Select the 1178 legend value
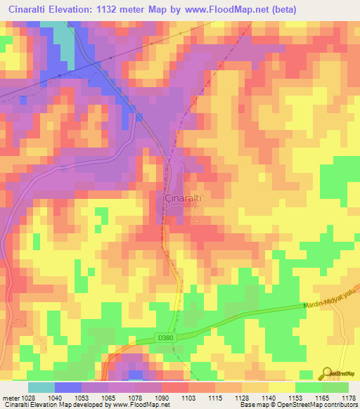(x=349, y=397)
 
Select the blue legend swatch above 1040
(x=67, y=387)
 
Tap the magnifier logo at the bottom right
(x=327, y=372)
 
